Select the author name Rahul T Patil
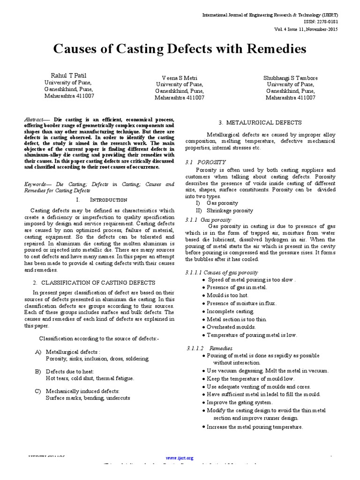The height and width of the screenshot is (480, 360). (69, 75)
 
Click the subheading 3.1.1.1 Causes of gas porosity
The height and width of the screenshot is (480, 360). (222, 272)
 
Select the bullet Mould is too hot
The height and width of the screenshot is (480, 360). (228, 295)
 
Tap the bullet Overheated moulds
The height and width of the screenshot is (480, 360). (232, 327)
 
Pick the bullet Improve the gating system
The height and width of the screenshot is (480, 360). (240, 402)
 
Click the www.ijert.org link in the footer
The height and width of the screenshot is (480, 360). (180, 457)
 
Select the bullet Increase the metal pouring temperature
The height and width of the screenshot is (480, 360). (255, 427)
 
